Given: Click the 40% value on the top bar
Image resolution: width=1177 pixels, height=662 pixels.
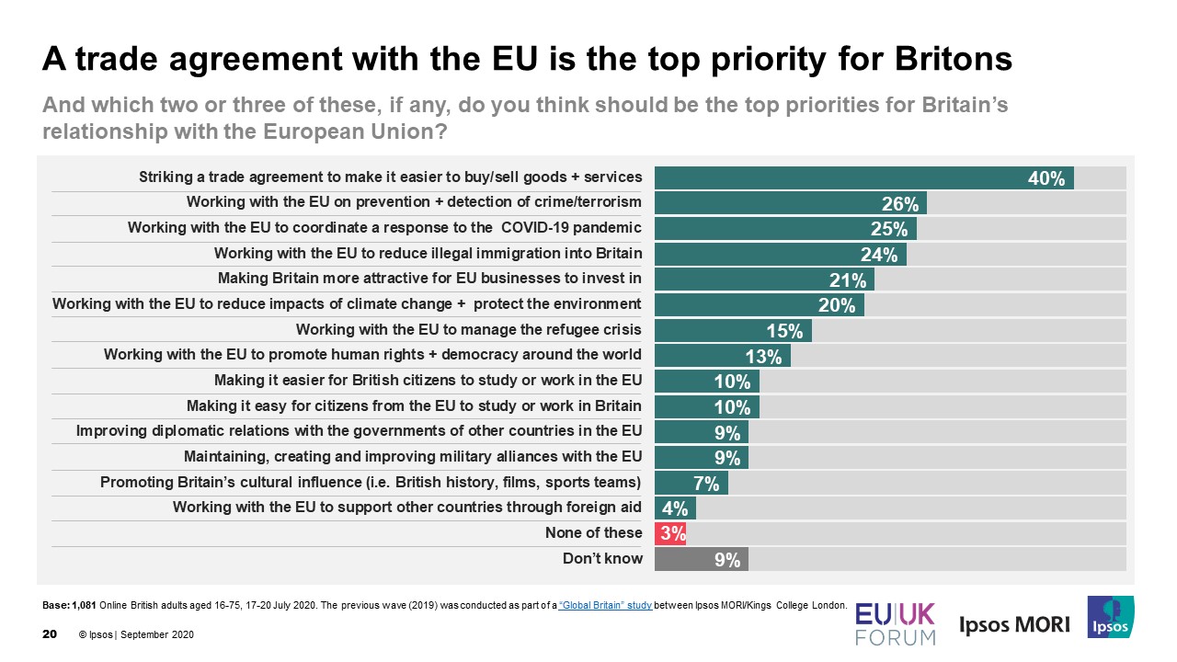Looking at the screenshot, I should click(1046, 178).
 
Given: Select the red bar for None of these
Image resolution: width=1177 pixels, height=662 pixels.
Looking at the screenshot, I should click(670, 533).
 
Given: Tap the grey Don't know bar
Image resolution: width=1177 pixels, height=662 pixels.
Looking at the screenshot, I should click(701, 558).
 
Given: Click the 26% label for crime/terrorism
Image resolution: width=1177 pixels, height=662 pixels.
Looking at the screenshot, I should click(900, 204).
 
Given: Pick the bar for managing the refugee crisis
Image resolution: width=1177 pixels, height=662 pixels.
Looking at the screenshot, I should click(732, 330).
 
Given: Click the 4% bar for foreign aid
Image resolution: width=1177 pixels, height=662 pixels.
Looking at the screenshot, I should click(674, 508).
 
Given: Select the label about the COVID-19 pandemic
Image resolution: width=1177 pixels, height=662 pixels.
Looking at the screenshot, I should click(384, 227).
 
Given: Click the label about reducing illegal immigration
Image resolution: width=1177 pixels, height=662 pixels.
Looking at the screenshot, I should click(428, 253).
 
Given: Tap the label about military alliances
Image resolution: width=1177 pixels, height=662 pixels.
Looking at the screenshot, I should click(412, 456).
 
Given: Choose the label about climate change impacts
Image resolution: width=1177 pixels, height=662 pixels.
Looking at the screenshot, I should click(347, 303).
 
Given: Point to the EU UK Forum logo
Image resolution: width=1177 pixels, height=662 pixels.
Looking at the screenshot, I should click(895, 623).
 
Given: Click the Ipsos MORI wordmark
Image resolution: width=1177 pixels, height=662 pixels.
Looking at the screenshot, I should click(1014, 625).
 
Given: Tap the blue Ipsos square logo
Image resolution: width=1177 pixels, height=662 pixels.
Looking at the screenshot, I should click(1110, 617).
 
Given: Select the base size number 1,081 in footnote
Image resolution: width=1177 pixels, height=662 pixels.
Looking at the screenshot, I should click(85, 605).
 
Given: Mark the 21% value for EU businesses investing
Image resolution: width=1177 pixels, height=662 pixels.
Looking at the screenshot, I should click(848, 280).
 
